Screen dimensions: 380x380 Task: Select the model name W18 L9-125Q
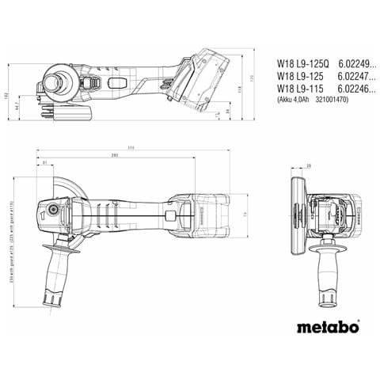point(298,59)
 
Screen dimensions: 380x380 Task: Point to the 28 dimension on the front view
point(309,165)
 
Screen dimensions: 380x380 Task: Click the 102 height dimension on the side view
point(6,94)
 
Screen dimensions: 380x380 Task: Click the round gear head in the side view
point(59,83)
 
